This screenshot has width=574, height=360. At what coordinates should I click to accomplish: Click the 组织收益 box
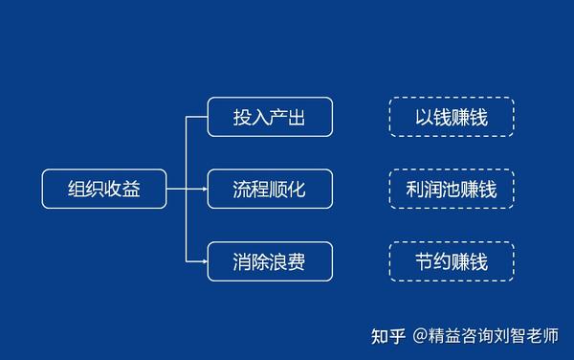coord(104,189)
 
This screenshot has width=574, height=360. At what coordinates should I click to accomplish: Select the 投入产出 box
coord(270,116)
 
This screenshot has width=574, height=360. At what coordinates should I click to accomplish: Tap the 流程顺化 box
coord(270,189)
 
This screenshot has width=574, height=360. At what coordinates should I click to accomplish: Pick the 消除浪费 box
coord(270,261)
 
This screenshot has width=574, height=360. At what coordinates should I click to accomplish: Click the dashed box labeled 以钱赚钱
coord(452,116)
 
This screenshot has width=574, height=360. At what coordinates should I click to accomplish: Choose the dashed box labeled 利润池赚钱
coord(452,189)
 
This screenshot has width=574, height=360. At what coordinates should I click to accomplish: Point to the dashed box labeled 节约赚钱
coord(452,261)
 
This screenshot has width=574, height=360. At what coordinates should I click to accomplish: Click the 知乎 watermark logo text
coord(389,336)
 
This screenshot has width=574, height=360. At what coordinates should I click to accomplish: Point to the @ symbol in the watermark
coord(422,336)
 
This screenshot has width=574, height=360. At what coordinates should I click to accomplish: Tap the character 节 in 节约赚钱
coord(425,261)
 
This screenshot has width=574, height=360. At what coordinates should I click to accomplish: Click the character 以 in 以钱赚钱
coord(425,116)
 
